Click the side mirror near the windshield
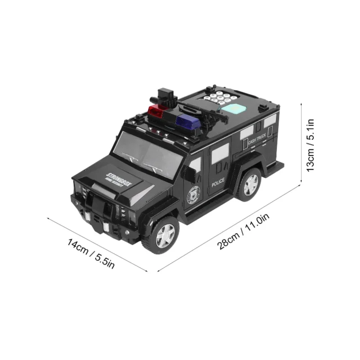pos(194,164)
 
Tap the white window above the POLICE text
pos(220,154)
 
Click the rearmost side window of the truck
pos(270,121)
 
